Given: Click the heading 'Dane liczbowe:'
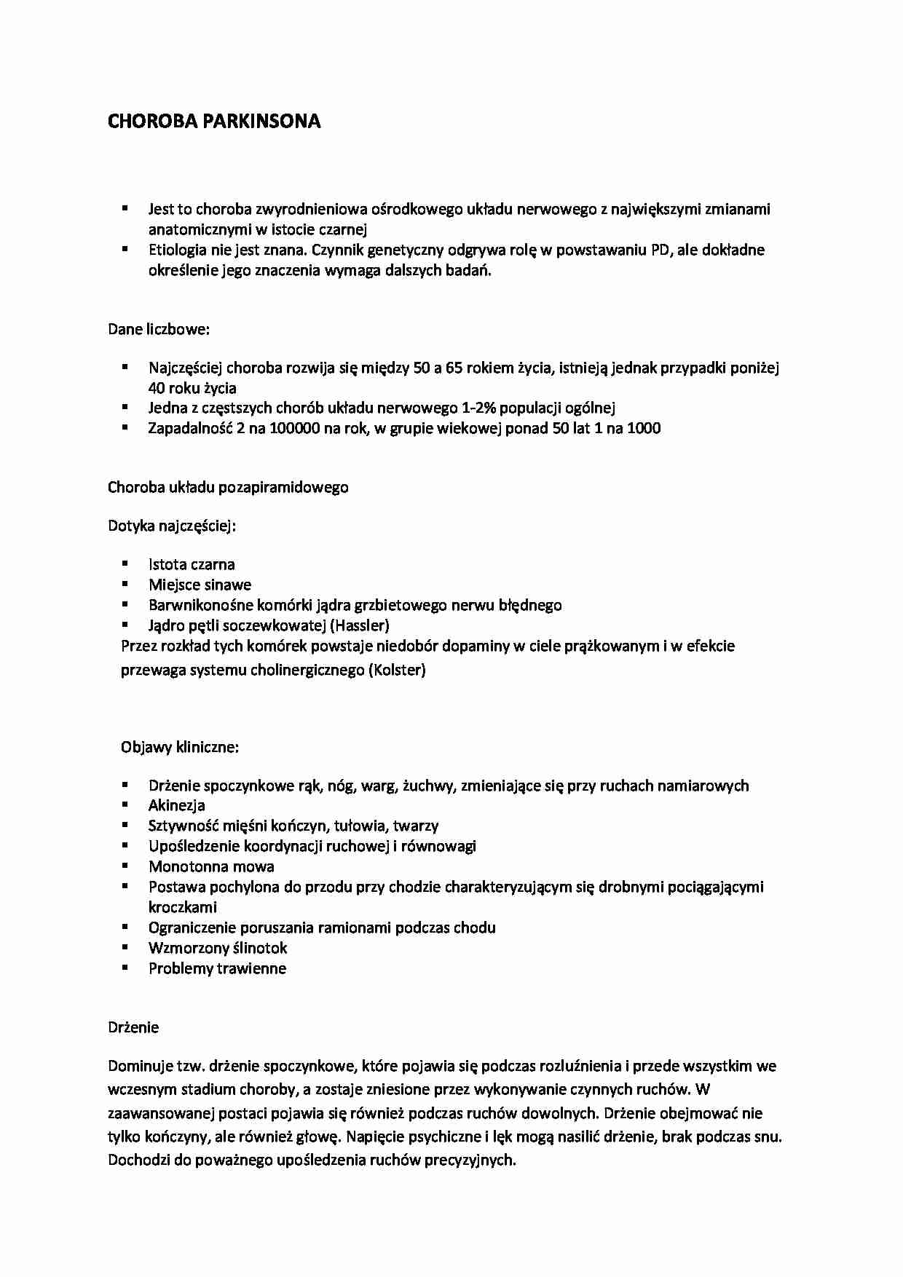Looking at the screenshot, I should tap(159, 329).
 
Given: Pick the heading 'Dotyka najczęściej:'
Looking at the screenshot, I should tap(172, 526).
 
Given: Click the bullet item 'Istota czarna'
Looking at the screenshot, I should tap(192, 564).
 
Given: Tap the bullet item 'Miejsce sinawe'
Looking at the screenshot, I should tap(200, 585).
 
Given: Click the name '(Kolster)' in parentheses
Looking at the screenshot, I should tap(397, 670).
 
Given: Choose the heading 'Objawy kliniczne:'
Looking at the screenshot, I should tap(180, 747).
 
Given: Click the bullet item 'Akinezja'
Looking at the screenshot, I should tap(176, 805).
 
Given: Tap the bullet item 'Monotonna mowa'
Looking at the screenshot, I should tap(211, 866).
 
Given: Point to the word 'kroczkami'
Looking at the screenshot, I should tap(182, 907).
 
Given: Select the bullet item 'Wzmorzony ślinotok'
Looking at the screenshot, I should tap(218, 948).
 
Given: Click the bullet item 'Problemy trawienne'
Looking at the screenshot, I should tap(217, 968).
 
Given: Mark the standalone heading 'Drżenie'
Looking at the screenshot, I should tap(133, 1027).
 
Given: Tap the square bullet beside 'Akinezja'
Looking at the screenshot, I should tap(125, 804).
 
